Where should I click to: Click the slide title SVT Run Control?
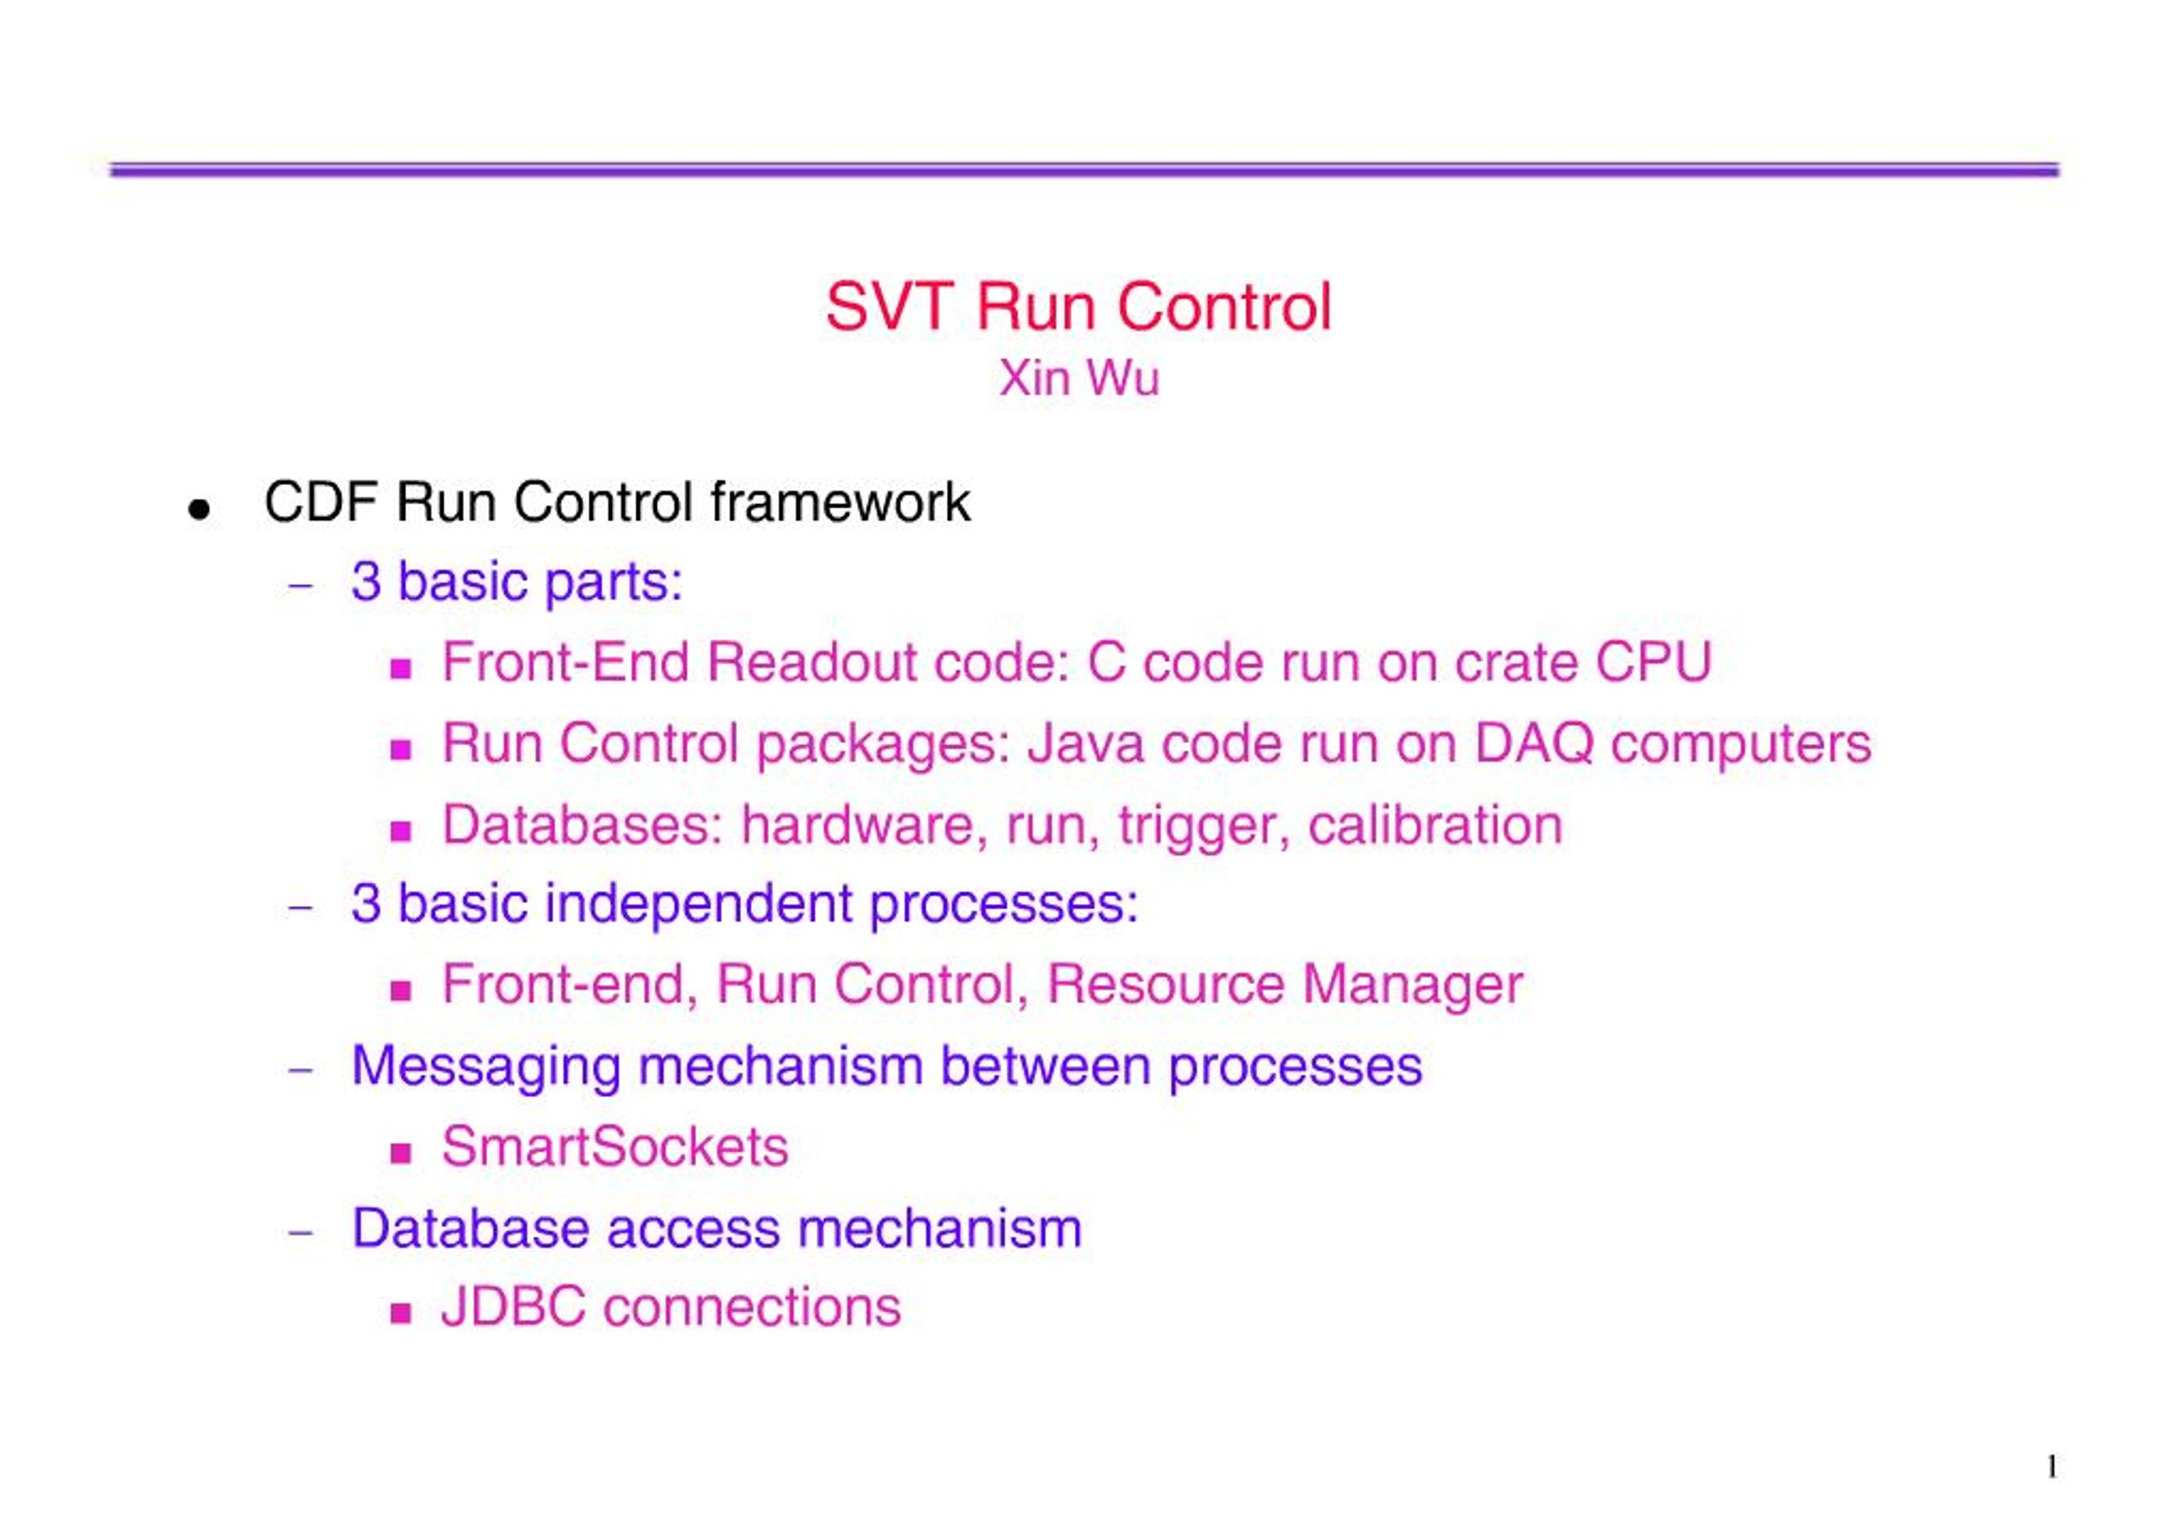tap(1077, 307)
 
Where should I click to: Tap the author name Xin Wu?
tap(1077, 379)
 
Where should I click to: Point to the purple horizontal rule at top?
tap(1083, 170)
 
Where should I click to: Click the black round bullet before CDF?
tap(198, 510)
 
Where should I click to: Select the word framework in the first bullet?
tap(839, 502)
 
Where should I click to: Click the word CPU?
tap(1653, 662)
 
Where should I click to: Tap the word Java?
tap(1085, 743)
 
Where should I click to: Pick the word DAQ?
tap(1533, 743)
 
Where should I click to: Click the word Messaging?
tap(485, 1066)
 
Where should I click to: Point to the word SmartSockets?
tap(614, 1147)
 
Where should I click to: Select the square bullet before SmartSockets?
tap(400, 1153)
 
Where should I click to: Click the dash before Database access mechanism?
tap(301, 1233)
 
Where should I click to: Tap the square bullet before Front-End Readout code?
tap(400, 669)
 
